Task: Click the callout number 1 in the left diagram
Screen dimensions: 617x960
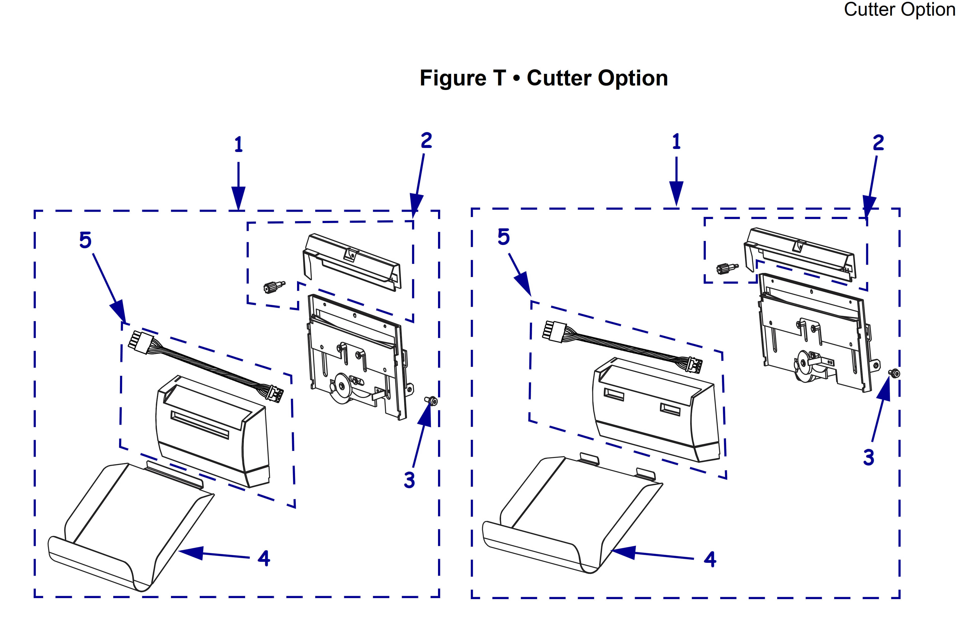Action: pyautogui.click(x=239, y=145)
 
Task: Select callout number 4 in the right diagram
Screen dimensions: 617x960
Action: pyautogui.click(x=710, y=559)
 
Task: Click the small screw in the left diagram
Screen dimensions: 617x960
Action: pyautogui.click(x=431, y=400)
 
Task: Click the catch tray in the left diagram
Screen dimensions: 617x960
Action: pyautogui.click(x=132, y=529)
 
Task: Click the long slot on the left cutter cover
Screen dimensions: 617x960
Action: pyautogui.click(x=200, y=425)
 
